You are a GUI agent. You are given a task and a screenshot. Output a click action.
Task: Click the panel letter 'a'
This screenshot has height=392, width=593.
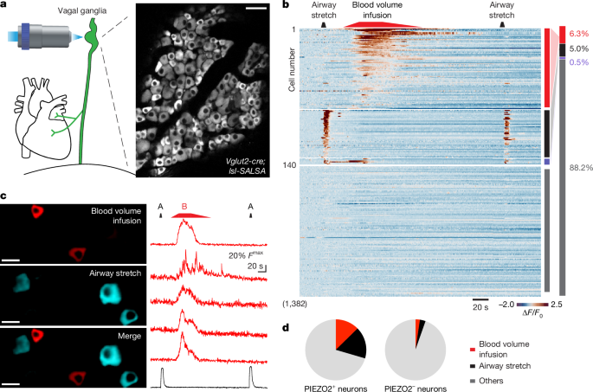pos(5,7)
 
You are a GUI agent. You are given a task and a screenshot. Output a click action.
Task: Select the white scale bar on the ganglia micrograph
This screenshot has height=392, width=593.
pos(257,10)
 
